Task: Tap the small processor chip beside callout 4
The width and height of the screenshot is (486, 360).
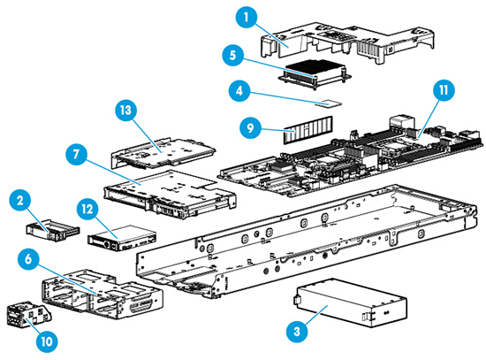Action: [329, 103]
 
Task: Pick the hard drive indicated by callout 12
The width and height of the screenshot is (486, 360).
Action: [121, 238]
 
